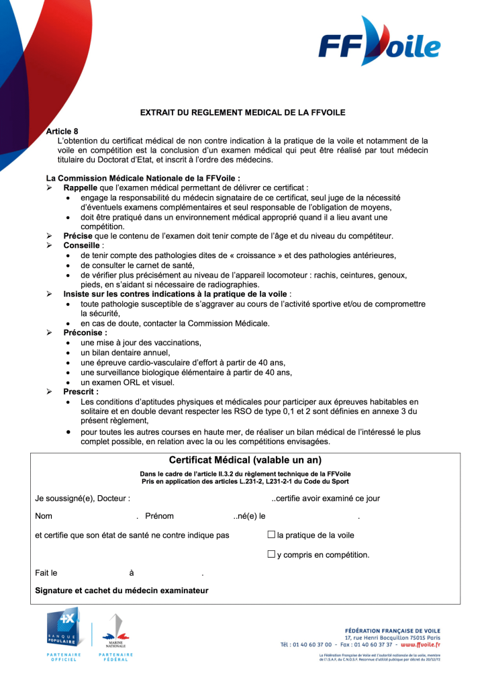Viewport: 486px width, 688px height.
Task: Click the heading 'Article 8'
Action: pos(62,131)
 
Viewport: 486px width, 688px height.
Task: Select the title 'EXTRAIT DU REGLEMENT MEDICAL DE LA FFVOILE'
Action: pos(243,113)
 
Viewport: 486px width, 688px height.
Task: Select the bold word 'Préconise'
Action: pos(83,332)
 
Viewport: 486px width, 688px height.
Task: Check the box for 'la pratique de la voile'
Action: pos(271,535)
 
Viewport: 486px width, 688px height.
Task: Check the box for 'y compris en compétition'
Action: pos(271,554)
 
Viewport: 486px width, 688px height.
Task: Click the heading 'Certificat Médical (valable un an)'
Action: pos(245,460)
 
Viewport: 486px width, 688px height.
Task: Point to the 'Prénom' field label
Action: pos(159,516)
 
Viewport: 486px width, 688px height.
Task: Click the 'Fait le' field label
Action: pos(46,573)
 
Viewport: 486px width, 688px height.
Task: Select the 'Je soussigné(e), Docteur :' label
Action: pos(83,499)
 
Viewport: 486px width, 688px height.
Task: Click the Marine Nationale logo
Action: pos(115,632)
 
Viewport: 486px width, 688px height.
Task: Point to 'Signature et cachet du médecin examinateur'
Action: pos(121,591)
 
